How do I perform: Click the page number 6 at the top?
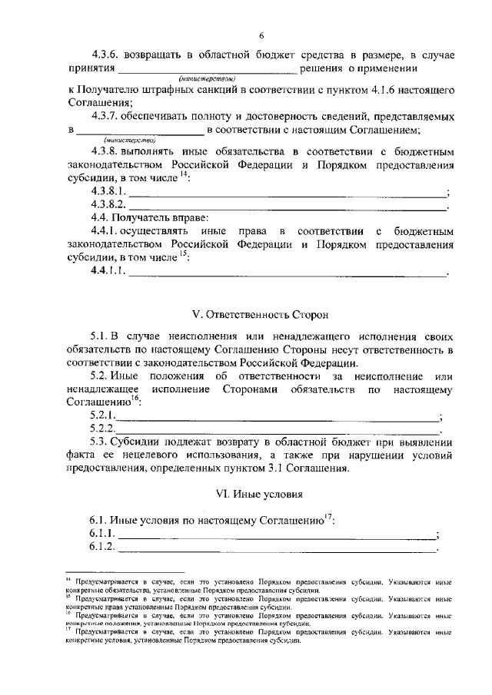click(261, 36)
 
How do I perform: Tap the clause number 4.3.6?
click(107, 55)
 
